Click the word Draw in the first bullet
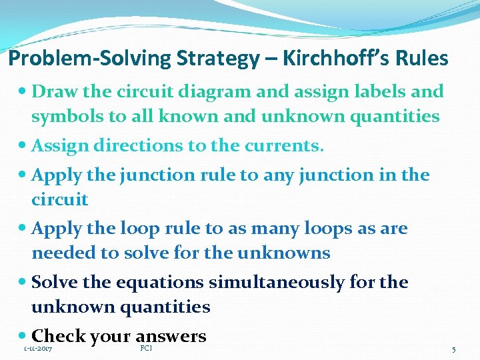tap(53, 91)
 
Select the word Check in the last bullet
tap(57, 336)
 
